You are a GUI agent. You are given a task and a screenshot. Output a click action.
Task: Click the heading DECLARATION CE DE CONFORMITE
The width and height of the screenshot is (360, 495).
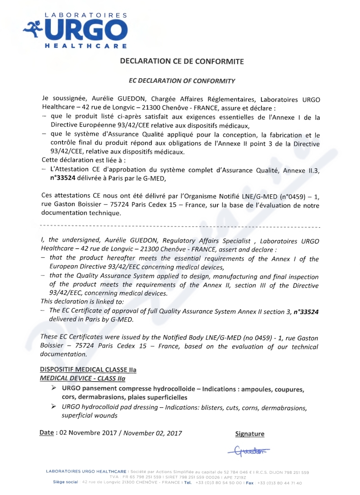coord(182,61)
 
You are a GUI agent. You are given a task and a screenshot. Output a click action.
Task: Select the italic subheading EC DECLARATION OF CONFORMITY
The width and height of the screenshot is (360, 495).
coord(182,81)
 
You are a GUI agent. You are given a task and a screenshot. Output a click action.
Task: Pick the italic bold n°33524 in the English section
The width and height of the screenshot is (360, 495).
coord(306,311)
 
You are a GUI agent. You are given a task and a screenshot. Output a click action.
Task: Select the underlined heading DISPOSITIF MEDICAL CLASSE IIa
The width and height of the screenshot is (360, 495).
coord(88,369)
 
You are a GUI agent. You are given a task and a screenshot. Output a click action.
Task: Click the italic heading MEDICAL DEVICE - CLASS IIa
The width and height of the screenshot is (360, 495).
coord(82,378)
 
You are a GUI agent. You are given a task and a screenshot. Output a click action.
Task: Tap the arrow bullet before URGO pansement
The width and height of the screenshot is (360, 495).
coord(54,388)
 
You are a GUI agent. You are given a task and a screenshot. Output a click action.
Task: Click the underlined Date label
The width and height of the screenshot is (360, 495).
coord(46,432)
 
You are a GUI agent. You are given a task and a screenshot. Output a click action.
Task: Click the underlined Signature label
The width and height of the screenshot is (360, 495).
coord(250,434)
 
